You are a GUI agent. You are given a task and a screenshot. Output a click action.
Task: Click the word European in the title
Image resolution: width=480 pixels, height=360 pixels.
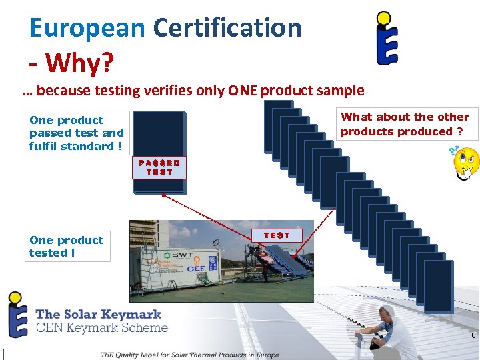(87, 28)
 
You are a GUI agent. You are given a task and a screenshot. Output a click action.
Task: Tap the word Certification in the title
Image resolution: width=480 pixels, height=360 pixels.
(227, 28)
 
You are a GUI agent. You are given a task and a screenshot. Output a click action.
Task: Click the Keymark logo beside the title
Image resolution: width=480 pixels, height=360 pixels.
(387, 38)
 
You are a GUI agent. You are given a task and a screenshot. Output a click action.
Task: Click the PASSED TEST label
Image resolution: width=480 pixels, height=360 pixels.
(159, 167)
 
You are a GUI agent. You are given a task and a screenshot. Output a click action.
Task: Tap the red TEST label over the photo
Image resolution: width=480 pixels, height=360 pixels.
(276, 235)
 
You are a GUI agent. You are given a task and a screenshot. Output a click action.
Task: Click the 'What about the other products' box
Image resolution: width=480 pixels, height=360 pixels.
(405, 124)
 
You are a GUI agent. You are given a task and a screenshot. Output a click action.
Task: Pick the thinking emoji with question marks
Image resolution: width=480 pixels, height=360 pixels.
(465, 164)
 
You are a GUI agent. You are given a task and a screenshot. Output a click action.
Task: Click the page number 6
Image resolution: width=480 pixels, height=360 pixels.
(473, 335)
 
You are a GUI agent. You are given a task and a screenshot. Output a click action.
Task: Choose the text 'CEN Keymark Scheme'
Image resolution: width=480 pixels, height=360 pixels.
(101, 327)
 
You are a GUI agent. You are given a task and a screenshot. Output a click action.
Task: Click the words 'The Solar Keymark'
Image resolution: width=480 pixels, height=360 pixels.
(98, 313)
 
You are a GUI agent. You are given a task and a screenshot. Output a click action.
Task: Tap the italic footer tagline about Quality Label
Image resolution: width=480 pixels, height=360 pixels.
(189, 355)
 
